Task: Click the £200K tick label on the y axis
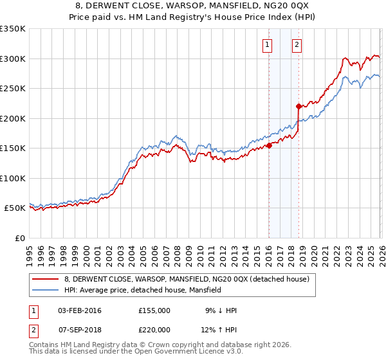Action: click(13, 118)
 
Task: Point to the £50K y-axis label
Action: click(15, 208)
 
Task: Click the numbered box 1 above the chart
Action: click(267, 45)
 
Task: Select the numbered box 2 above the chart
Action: click(297, 45)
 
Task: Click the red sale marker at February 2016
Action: click(269, 145)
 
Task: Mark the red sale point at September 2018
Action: click(299, 107)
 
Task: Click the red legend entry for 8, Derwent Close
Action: click(187, 279)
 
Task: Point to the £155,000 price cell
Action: click(154, 310)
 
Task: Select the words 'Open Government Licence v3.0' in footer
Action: click(190, 352)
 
